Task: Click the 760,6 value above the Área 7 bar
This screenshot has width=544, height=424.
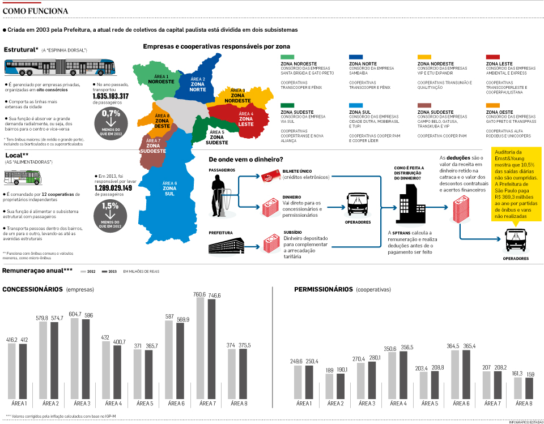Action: tap(199, 294)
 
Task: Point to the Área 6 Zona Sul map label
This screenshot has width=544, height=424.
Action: tap(170, 189)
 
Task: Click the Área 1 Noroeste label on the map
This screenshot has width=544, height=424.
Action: tap(161, 79)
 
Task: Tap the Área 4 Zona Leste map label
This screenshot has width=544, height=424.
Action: tap(245, 119)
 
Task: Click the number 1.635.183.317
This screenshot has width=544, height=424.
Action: tap(110, 96)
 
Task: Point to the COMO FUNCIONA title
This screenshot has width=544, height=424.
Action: tap(36, 11)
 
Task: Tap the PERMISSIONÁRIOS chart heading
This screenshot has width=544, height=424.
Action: tap(324, 289)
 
